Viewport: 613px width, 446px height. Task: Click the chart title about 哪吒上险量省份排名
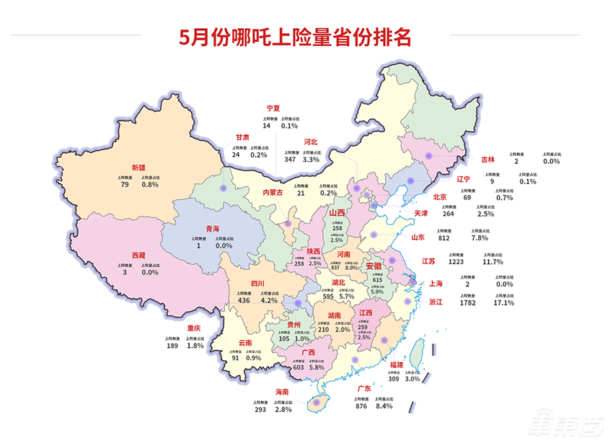click(295, 37)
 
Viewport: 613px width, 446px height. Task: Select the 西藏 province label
click(137, 255)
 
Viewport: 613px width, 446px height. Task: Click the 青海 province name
click(213, 229)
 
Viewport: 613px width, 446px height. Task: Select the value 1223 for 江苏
click(457, 261)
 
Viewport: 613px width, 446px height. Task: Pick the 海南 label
click(282, 392)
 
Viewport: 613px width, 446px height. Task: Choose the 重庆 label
click(194, 328)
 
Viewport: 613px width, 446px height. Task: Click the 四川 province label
click(257, 284)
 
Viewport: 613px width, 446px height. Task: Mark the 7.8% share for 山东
click(479, 237)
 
